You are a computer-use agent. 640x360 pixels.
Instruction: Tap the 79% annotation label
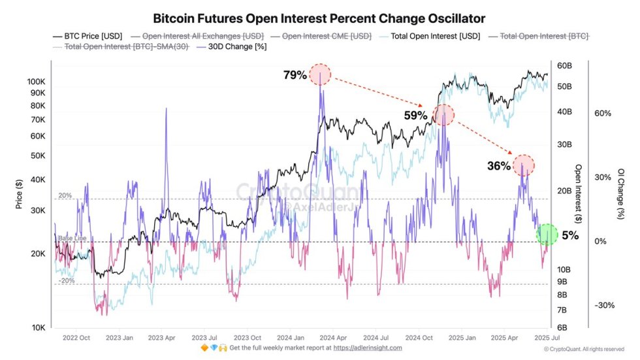295,75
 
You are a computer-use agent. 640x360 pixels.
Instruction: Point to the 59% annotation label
415,116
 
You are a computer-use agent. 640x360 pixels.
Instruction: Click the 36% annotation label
498,166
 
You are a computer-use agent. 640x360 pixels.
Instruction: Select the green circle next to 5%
547,235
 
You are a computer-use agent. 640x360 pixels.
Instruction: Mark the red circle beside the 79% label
320,74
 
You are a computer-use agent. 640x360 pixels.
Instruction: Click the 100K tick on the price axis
36,82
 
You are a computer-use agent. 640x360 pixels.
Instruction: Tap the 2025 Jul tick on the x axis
546,338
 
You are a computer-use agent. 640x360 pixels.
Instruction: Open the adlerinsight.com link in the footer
367,348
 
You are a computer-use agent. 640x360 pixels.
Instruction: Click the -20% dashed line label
66,280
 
